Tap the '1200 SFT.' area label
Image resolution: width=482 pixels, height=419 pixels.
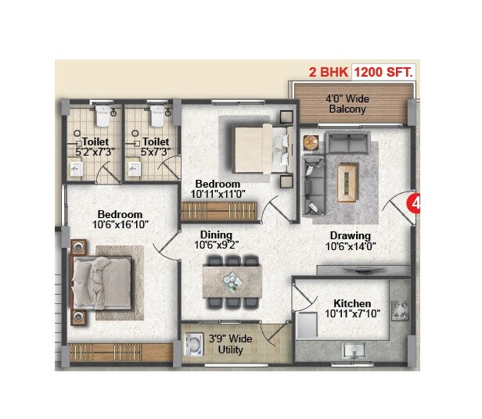tap(384, 72)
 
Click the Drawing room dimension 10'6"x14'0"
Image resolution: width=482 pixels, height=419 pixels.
tap(350, 246)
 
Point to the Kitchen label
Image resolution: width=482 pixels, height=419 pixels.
tap(352, 303)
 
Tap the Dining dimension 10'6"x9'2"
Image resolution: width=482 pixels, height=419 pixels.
tap(216, 244)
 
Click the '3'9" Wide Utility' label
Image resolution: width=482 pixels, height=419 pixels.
tap(232, 344)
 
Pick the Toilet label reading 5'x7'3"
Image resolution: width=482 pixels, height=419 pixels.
tap(154, 152)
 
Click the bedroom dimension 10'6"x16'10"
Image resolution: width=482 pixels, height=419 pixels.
tap(120, 224)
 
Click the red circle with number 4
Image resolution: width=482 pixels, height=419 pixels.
tap(416, 205)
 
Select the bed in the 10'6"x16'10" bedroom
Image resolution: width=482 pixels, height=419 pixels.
tap(103, 281)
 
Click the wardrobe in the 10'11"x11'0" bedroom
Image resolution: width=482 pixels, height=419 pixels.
tap(218, 211)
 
